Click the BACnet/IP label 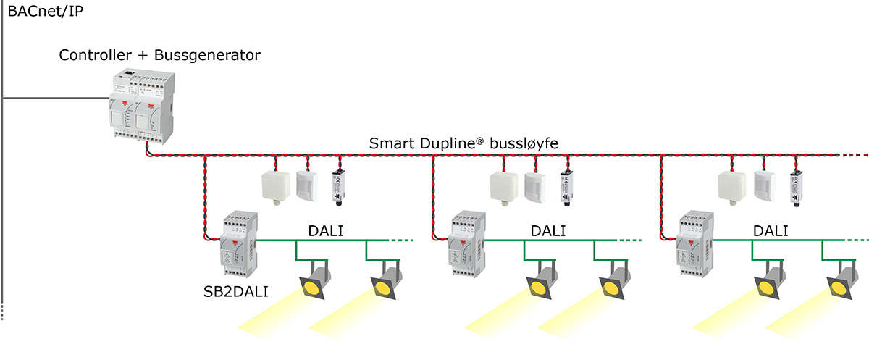(45, 12)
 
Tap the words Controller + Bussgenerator (159, 55)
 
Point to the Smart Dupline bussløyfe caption (463, 143)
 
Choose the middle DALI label (548, 230)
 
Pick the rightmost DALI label (771, 230)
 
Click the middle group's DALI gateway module (467, 243)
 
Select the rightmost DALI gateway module (696, 243)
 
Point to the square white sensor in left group (276, 185)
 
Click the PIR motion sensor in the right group (764, 185)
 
